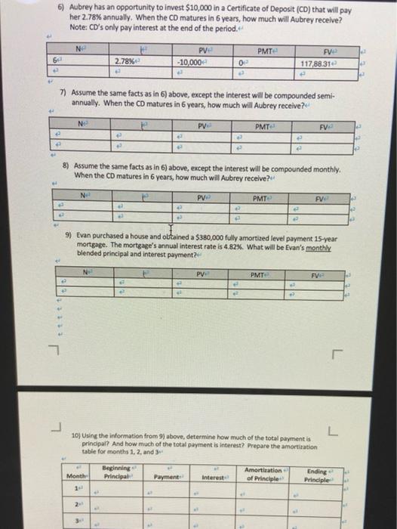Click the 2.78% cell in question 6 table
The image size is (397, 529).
[x=125, y=61]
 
